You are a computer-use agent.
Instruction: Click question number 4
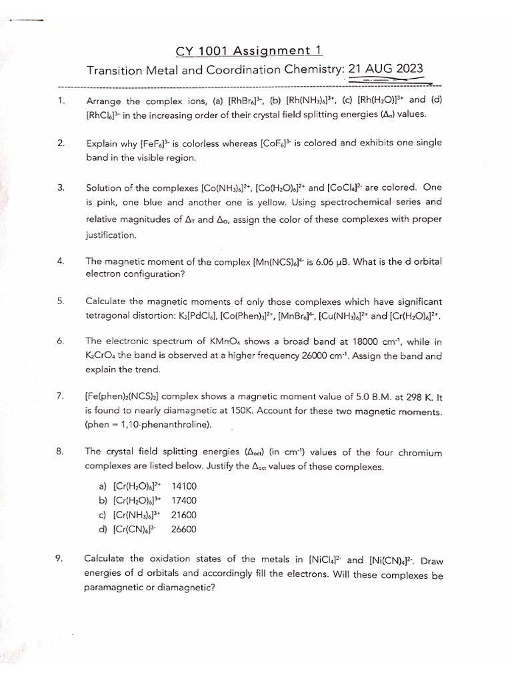60,261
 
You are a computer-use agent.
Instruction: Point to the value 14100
184,486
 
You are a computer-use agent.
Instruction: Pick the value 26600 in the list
184,530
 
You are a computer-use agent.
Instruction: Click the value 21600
184,515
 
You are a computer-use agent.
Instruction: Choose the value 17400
184,500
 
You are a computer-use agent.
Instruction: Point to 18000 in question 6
371,341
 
